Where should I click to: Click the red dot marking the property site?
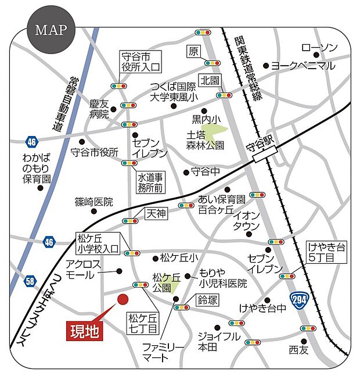(x=123, y=299)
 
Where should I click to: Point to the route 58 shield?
(x=30, y=281)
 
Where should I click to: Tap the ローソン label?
(x=319, y=48)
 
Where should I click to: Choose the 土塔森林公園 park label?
(x=205, y=139)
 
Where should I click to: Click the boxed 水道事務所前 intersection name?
(x=152, y=181)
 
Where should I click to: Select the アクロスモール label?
(x=84, y=268)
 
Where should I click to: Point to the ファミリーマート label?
(x=164, y=352)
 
